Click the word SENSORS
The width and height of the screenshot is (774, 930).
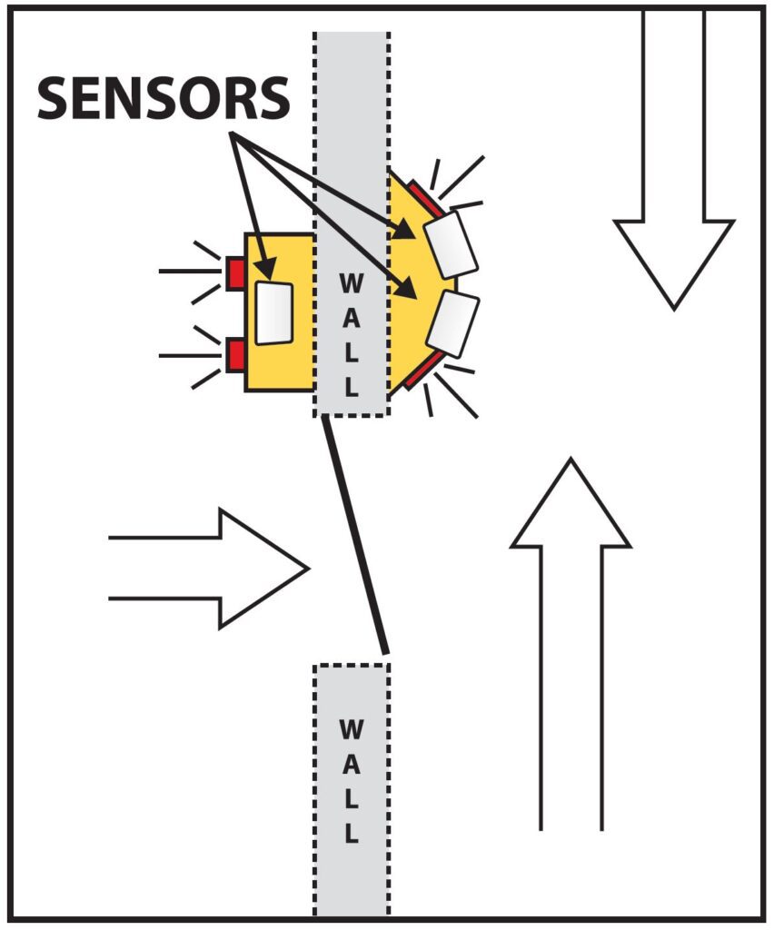coord(164,98)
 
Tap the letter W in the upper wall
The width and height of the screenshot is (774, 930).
coord(352,283)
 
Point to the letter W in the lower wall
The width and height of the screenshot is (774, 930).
coord(352,730)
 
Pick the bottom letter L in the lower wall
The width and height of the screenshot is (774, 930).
coord(352,833)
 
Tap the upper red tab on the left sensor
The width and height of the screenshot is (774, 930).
coord(234,272)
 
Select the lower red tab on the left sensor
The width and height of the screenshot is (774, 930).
coord(234,355)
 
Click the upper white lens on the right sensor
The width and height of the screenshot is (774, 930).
coord(451,243)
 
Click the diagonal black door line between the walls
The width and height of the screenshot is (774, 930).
coord(356,536)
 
